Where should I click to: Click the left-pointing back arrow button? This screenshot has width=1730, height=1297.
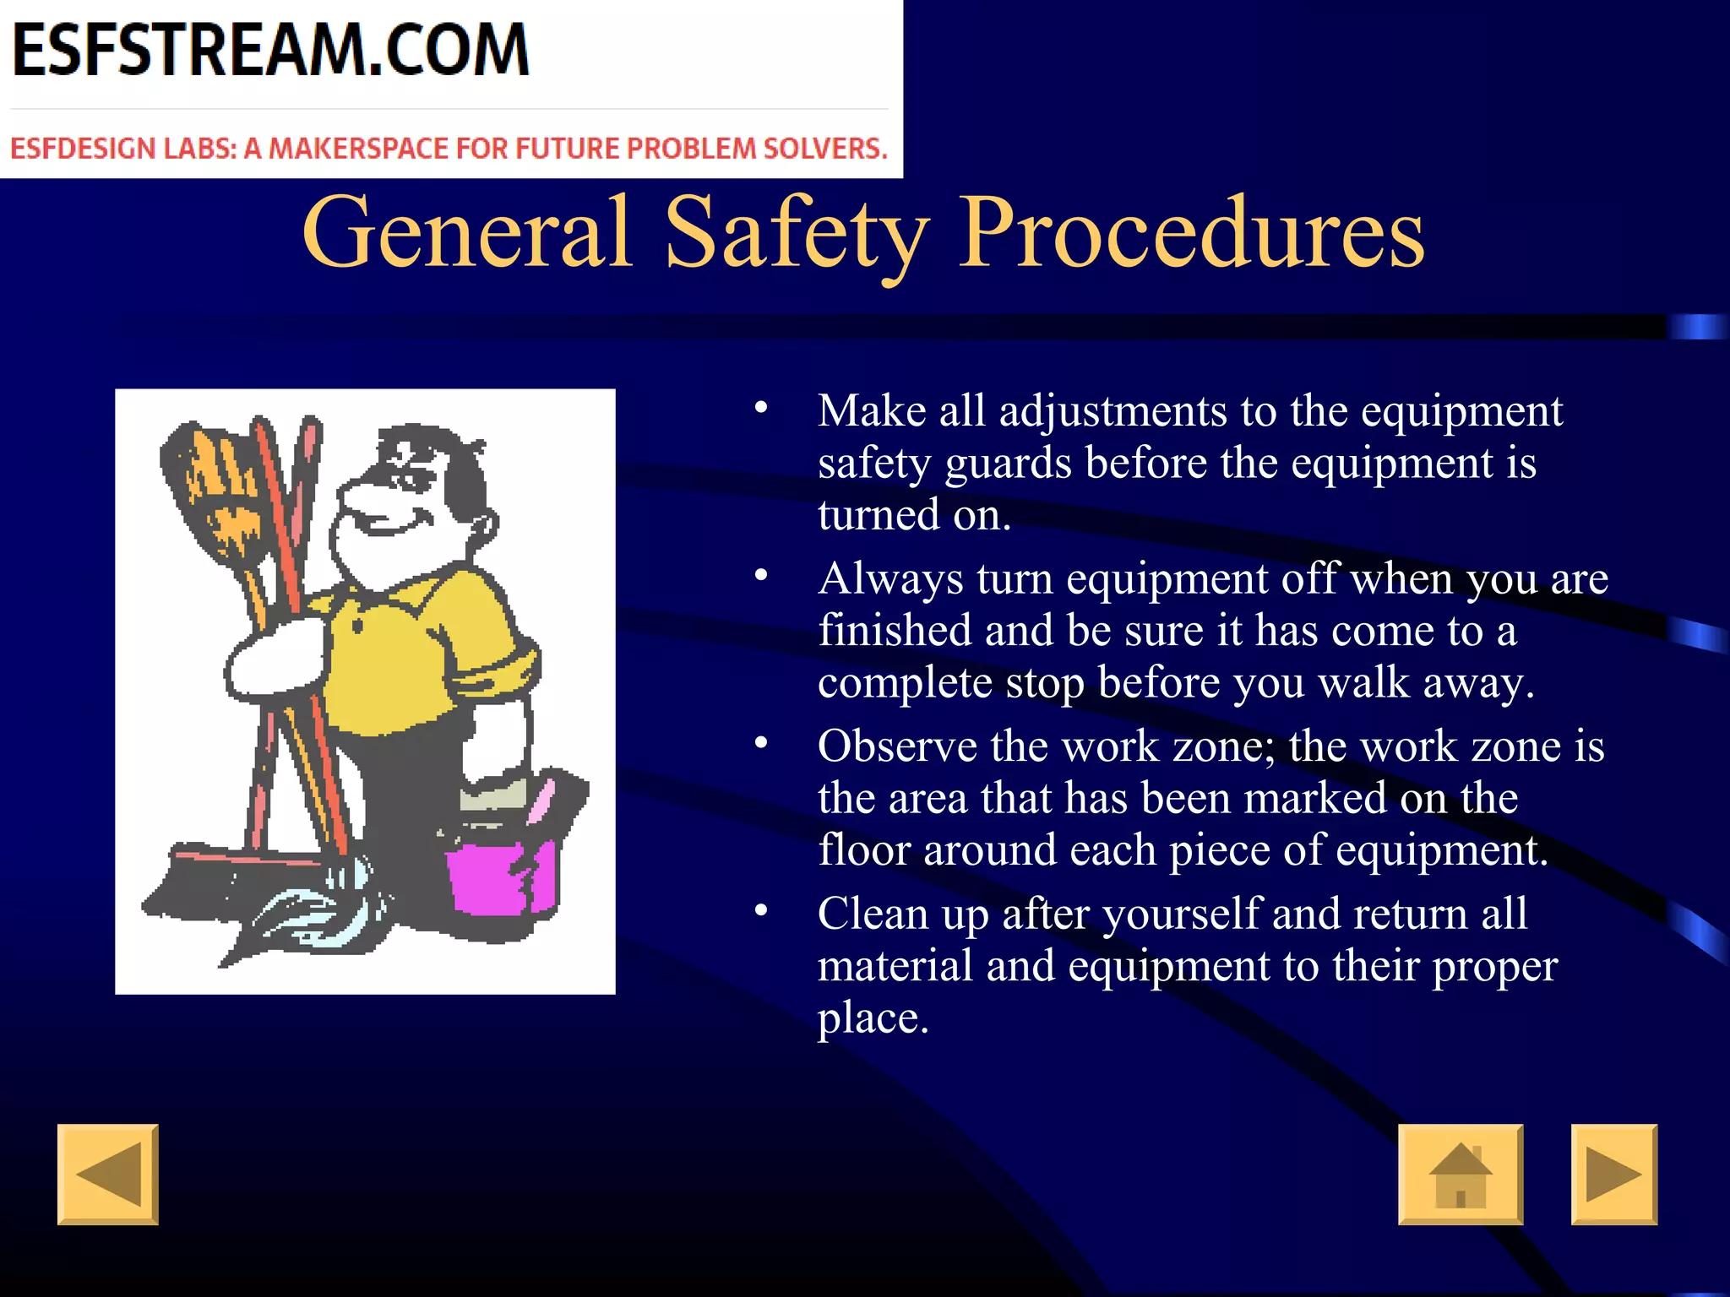click(x=108, y=1174)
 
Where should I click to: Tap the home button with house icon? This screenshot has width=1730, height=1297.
click(x=1461, y=1174)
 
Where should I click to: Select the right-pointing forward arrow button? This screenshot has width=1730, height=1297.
click(x=1613, y=1174)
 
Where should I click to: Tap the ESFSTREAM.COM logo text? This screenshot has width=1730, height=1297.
click(x=270, y=51)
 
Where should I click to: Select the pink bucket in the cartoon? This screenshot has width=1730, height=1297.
click(x=498, y=878)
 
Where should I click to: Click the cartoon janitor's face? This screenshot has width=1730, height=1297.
click(x=397, y=507)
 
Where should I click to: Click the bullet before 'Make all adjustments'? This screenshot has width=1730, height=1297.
click(x=761, y=409)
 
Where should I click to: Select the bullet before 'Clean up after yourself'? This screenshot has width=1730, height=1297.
click(x=761, y=911)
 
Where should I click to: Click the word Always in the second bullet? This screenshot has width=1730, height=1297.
click(x=890, y=579)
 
